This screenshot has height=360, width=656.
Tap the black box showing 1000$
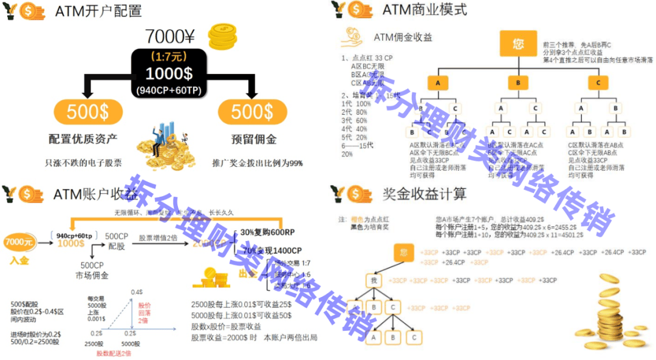point(169,73)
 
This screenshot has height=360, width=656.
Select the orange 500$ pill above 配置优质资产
point(87,112)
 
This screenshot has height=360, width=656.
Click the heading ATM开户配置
point(98,11)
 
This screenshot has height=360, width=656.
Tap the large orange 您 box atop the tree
point(518,44)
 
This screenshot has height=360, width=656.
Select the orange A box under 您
point(437,83)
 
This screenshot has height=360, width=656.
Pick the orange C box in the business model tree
point(598,83)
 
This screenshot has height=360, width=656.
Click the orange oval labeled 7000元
point(19,242)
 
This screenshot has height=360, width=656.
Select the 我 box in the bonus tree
point(375,280)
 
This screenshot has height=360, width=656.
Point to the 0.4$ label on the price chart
point(138,293)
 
